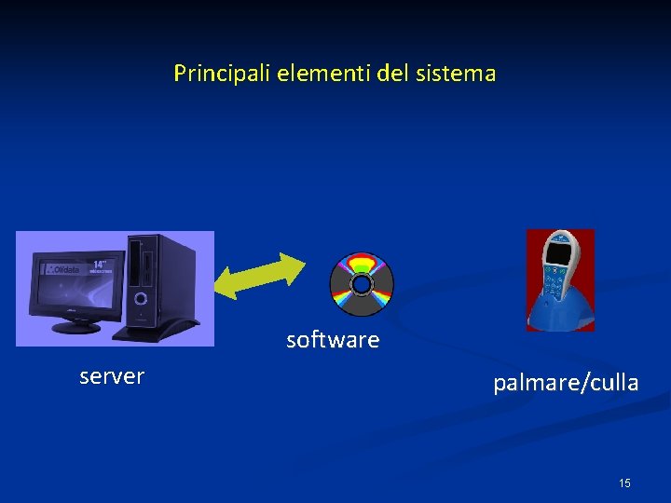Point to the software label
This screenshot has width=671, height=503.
click(x=333, y=340)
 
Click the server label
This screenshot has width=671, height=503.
click(x=112, y=376)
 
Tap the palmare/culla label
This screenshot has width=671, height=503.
click(x=566, y=383)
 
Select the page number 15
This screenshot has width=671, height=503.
click(x=624, y=483)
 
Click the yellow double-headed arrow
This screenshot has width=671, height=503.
click(x=258, y=276)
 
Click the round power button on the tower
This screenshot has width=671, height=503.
click(x=141, y=299)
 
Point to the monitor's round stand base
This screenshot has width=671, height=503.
click(x=76, y=327)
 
